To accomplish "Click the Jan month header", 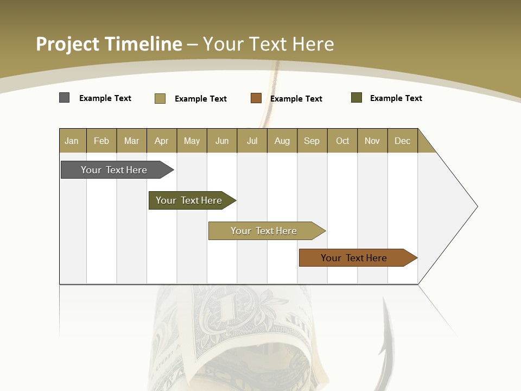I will [72, 141].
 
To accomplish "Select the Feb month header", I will [101, 141].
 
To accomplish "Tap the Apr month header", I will [162, 141].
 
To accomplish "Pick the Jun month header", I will [222, 141].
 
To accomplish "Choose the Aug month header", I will [282, 141].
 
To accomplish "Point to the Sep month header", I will [312, 141].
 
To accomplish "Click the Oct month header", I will [342, 141].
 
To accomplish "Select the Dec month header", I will [403, 141].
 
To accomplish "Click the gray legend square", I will [65, 98].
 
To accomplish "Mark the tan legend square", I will [160, 98].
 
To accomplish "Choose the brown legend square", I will [256, 98].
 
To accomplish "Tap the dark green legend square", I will [357, 98].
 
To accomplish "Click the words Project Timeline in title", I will [109, 44].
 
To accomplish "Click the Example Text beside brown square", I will [296, 99].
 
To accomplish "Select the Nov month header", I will [372, 141].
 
